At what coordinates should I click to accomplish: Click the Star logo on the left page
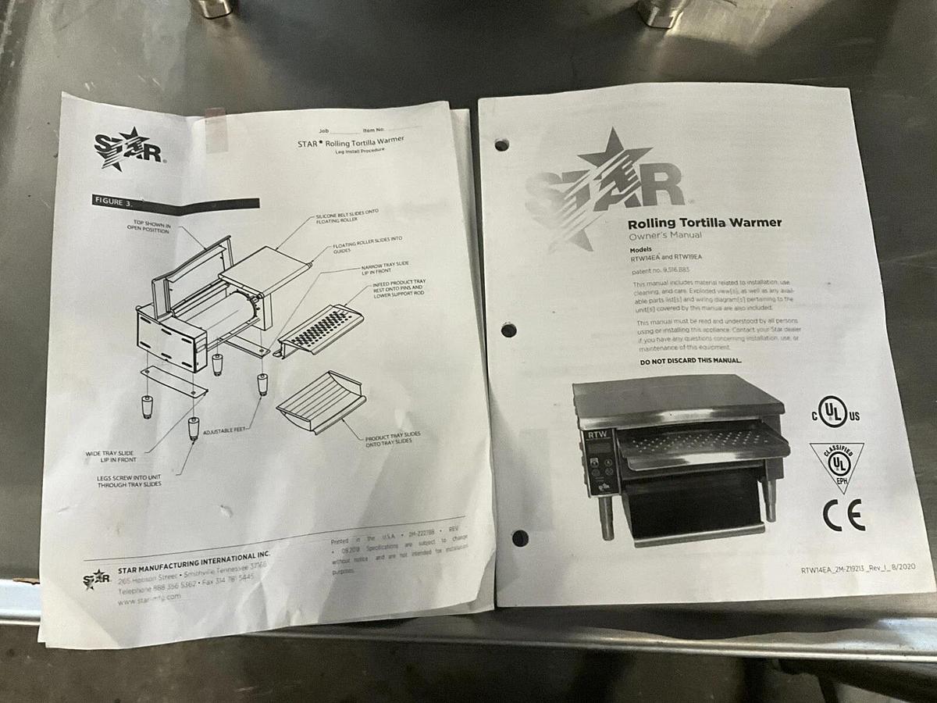point(127,148)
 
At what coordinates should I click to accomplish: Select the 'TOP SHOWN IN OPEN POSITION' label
point(151,227)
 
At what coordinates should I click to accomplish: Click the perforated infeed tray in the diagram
point(319,328)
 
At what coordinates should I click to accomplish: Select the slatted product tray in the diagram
point(319,400)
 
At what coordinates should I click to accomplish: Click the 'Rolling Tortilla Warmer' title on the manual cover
point(704,223)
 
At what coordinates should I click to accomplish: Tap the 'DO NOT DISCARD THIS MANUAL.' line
point(690,361)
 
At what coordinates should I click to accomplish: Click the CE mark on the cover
point(843,516)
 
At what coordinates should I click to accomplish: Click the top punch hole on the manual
point(501,145)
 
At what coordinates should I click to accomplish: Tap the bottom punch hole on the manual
point(519,537)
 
